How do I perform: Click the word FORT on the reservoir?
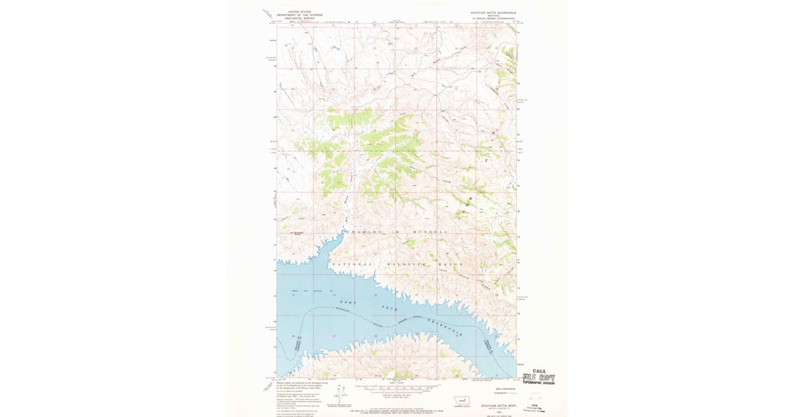(x=348, y=302)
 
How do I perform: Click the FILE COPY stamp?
(x=538, y=378)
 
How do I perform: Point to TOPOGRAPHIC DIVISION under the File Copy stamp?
(x=539, y=383)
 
